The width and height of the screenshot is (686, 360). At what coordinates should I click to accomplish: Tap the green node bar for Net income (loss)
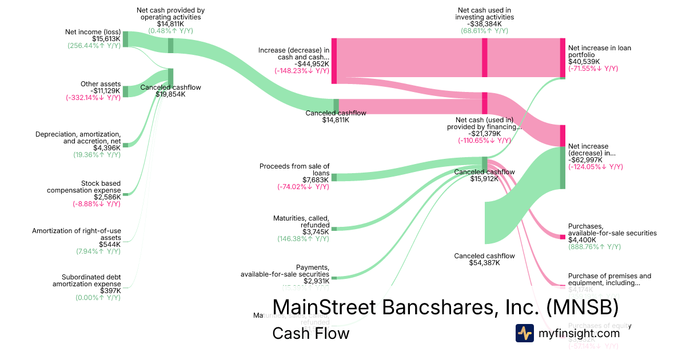click(125, 39)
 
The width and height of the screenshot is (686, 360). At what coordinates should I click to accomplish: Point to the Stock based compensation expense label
click(83, 187)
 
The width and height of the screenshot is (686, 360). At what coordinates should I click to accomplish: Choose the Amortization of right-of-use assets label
click(77, 234)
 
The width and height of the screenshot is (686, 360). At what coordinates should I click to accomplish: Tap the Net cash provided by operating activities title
click(170, 14)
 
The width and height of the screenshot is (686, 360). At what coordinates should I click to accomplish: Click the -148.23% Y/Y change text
click(302, 71)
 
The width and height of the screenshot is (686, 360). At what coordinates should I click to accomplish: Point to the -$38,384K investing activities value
click(485, 24)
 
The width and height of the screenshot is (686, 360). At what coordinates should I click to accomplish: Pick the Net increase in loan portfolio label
click(600, 51)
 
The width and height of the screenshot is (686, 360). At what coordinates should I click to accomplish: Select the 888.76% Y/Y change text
click(595, 247)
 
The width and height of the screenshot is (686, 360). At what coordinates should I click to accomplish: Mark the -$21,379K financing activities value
click(484, 133)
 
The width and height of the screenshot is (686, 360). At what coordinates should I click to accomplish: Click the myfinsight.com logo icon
click(524, 333)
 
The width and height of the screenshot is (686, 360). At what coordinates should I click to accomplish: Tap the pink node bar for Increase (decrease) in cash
click(334, 61)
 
